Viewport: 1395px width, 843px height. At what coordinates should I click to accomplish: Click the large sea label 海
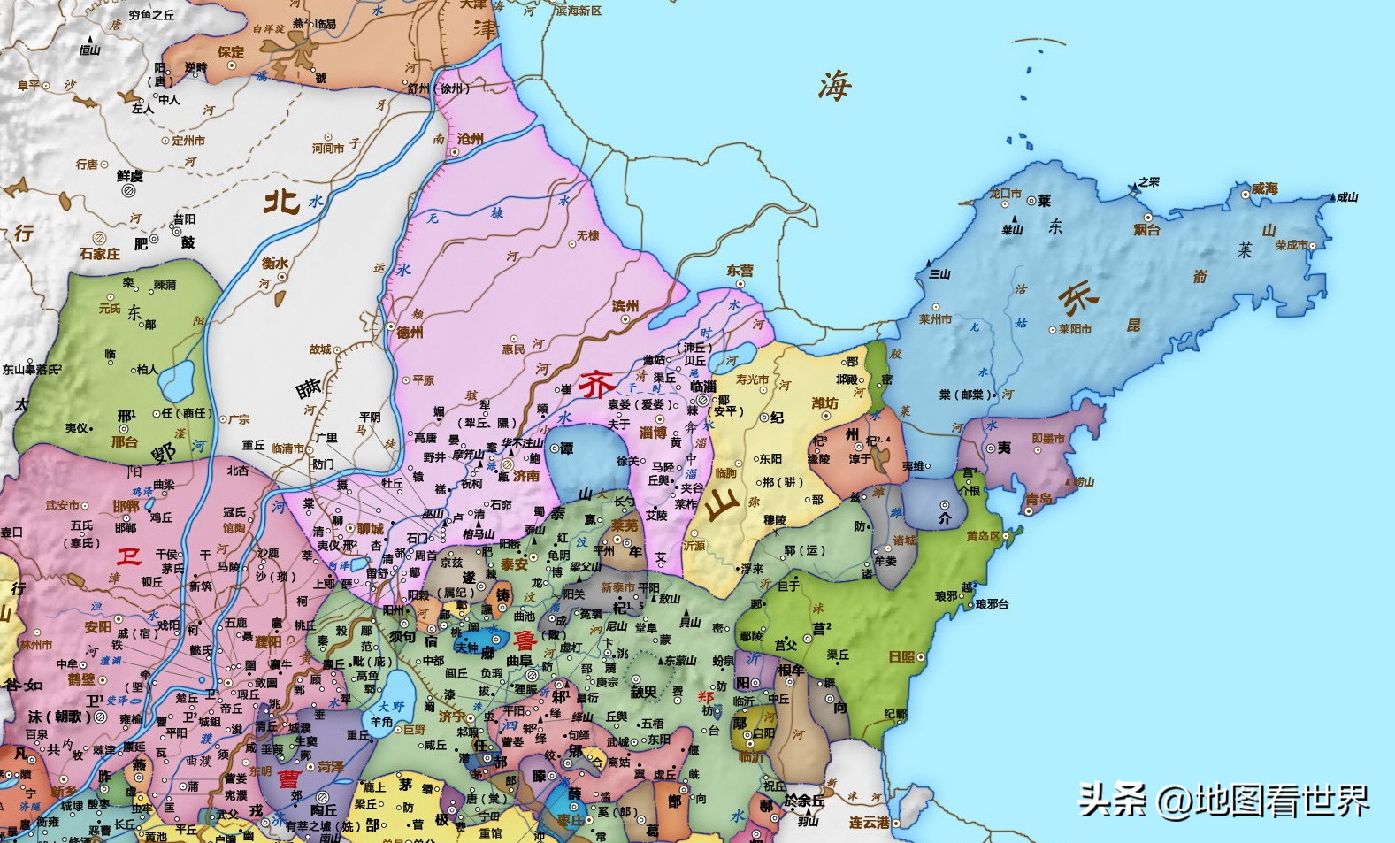click(x=833, y=87)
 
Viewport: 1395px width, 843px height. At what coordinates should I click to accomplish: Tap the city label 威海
click(x=1265, y=189)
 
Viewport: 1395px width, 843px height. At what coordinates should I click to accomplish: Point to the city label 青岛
click(x=1039, y=500)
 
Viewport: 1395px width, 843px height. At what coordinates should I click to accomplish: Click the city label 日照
click(x=901, y=657)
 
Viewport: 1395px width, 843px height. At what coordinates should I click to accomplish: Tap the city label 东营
click(x=740, y=271)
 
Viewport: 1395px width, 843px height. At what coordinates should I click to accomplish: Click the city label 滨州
click(x=625, y=306)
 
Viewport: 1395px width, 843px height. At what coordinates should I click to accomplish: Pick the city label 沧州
click(x=471, y=139)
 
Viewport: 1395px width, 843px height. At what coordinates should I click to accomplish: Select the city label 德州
click(x=410, y=333)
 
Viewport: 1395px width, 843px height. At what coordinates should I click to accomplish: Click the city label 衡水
click(x=274, y=263)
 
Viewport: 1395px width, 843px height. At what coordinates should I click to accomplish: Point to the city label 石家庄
click(x=99, y=254)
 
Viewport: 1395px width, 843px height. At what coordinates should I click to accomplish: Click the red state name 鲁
click(x=525, y=640)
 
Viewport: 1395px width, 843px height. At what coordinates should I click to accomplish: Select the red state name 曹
click(x=288, y=779)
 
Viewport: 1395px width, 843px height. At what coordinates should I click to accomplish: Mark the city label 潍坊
click(x=824, y=403)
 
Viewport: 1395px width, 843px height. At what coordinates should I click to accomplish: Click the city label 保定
click(x=231, y=52)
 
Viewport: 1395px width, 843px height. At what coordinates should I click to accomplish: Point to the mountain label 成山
click(x=1346, y=197)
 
